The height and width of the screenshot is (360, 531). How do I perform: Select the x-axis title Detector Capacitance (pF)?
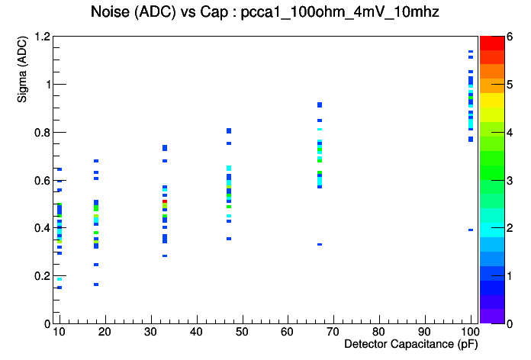(411, 345)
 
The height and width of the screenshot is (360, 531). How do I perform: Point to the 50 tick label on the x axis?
(243, 332)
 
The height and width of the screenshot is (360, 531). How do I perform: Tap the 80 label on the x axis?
(379, 332)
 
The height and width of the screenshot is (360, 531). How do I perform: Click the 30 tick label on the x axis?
(152, 332)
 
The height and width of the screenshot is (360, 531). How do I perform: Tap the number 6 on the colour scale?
(509, 37)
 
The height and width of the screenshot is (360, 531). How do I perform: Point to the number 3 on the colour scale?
(509, 180)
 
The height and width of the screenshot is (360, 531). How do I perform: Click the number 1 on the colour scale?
(509, 275)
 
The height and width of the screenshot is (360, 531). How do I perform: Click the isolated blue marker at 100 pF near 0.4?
(471, 230)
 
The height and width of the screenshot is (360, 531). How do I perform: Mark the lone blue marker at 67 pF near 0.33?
(320, 244)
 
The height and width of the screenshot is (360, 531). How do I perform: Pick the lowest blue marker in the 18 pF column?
(96, 284)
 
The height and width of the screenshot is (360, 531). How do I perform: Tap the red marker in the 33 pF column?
(165, 201)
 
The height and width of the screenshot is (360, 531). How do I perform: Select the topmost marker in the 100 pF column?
(471, 52)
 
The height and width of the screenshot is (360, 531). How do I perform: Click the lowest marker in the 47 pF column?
(229, 239)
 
